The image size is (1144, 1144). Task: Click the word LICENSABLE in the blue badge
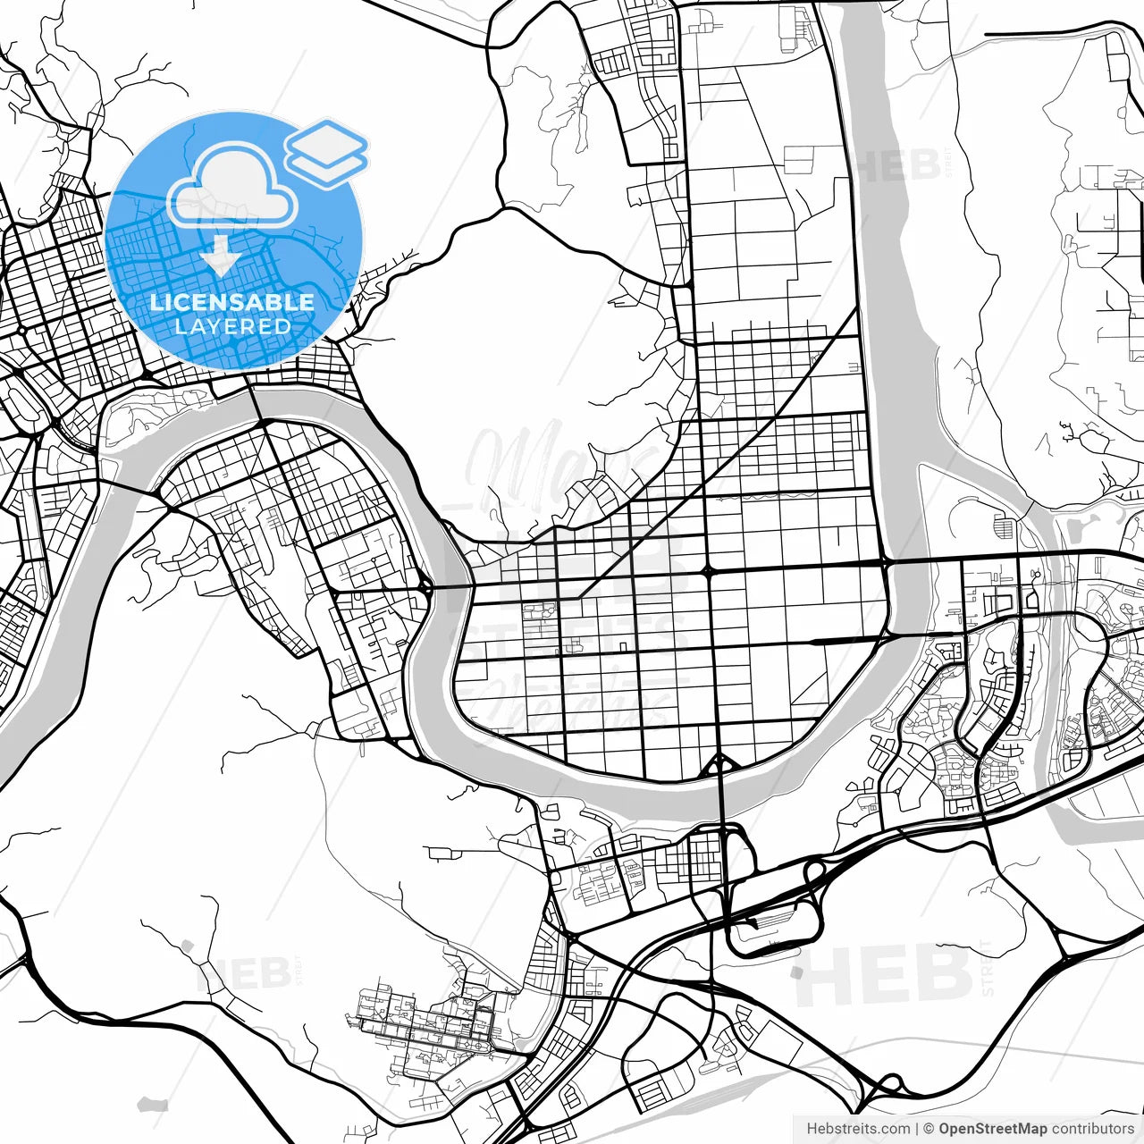[232, 302]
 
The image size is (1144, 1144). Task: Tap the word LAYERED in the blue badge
[232, 327]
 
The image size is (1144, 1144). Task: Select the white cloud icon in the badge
[232, 189]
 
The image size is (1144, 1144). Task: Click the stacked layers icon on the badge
[327, 152]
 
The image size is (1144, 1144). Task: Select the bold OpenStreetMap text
[992, 1129]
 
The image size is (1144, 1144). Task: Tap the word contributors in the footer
[1092, 1129]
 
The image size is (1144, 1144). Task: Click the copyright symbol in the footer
[929, 1129]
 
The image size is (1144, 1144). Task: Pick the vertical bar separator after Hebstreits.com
[918, 1129]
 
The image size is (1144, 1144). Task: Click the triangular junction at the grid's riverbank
[719, 766]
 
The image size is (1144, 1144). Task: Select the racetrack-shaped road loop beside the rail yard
[774, 921]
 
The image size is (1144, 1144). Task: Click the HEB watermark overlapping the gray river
[894, 165]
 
